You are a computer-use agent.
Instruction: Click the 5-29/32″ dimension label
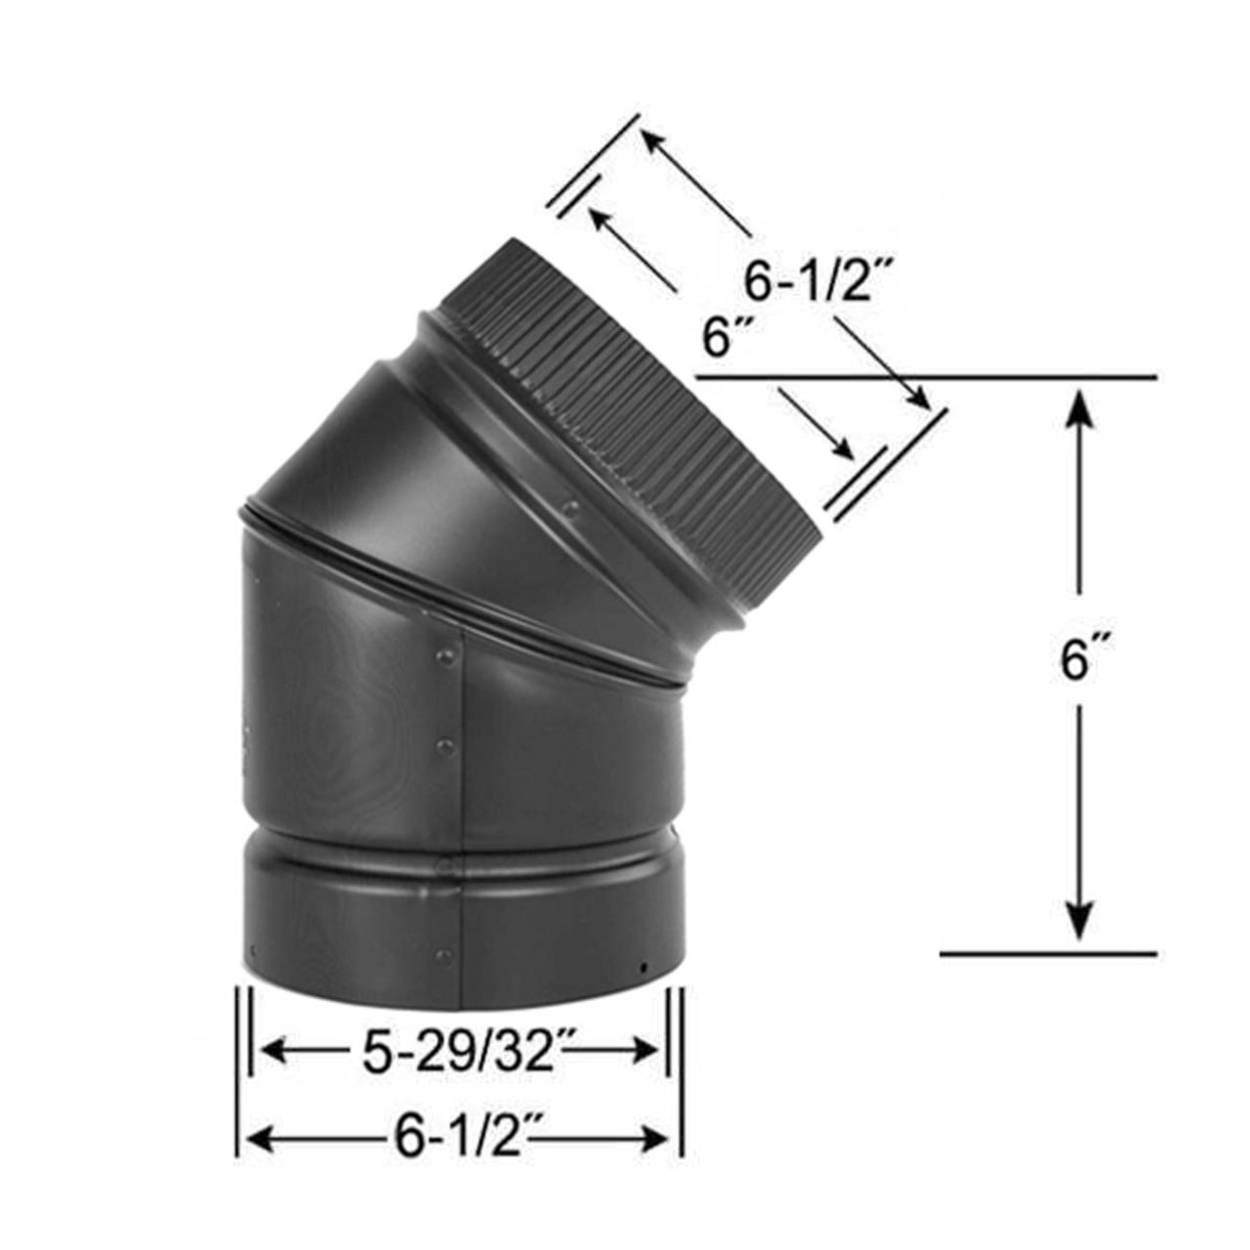457,1052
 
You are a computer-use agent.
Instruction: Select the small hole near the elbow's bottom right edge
643,968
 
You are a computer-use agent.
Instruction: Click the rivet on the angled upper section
573,507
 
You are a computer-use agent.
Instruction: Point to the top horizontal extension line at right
928,376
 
